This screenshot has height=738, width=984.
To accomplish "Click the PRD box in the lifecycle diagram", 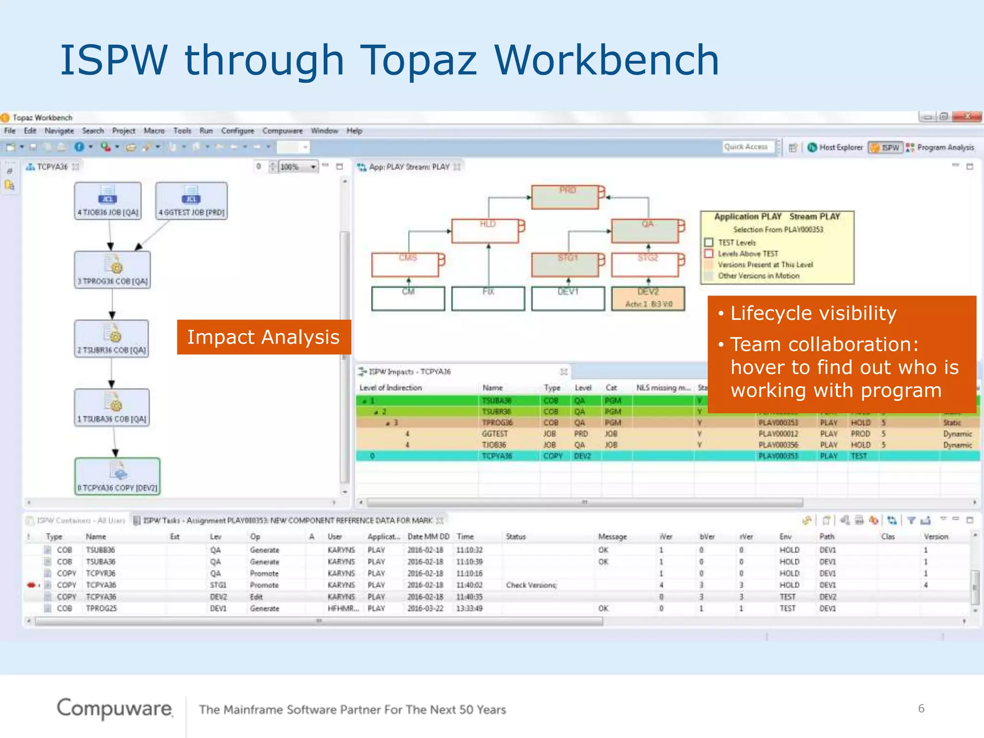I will [x=565, y=197].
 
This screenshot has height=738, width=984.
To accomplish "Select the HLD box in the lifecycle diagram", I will [x=485, y=231].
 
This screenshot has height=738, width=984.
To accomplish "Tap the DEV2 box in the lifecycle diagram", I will [x=648, y=298].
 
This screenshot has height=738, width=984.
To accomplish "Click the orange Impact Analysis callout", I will [x=263, y=337].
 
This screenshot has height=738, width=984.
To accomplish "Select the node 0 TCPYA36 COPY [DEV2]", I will [x=117, y=476].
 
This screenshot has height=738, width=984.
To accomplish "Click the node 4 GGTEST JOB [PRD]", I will [x=191, y=201].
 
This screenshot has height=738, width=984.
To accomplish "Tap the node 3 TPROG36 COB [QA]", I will [x=112, y=270].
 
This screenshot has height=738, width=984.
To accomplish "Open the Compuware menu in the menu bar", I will [x=283, y=131].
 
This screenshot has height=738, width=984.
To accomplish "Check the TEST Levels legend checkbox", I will [x=709, y=243].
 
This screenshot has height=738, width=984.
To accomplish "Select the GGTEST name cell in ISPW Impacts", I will [x=495, y=434].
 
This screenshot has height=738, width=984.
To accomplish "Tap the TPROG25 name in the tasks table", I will [x=101, y=608].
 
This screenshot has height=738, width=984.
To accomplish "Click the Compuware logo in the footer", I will [x=114, y=709].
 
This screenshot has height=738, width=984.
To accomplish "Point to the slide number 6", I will [x=921, y=709].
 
